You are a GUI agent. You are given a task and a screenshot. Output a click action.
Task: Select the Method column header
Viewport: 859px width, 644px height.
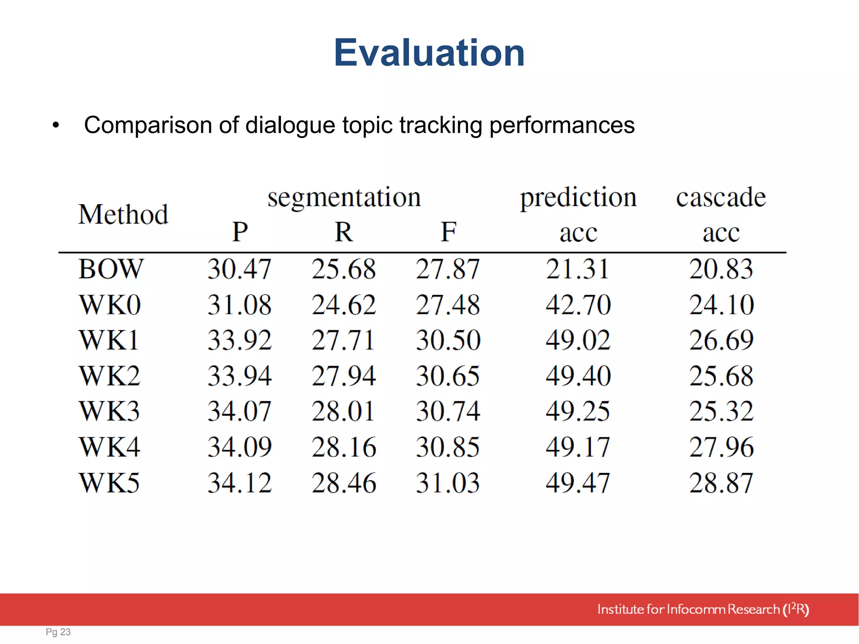click(x=123, y=214)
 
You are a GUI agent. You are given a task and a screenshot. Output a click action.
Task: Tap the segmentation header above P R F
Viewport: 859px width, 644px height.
click(x=344, y=197)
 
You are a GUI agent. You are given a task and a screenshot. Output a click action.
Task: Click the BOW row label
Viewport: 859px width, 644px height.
click(x=111, y=269)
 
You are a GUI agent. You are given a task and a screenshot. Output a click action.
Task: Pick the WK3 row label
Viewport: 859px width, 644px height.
click(x=109, y=411)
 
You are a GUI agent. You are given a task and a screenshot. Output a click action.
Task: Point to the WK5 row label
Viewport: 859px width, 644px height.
click(x=109, y=483)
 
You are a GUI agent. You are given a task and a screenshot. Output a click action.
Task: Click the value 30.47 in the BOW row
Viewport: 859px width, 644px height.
click(x=239, y=269)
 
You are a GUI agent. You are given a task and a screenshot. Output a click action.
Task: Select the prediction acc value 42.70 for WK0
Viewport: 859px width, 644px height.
click(x=578, y=304)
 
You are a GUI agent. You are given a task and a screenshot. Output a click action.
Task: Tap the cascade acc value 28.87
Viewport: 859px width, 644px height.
click(x=721, y=483)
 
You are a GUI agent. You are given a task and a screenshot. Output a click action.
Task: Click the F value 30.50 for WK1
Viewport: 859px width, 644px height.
click(x=448, y=340)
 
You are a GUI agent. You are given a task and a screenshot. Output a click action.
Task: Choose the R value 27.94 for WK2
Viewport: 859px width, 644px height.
click(x=344, y=376)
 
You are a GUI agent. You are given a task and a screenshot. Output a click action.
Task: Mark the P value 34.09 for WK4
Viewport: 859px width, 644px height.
click(x=239, y=447)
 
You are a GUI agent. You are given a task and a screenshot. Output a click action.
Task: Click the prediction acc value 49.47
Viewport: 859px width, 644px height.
click(x=578, y=483)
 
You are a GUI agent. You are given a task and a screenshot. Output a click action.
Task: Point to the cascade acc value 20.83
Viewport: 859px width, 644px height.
click(x=721, y=269)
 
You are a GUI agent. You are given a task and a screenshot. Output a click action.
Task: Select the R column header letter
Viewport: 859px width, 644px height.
click(x=344, y=232)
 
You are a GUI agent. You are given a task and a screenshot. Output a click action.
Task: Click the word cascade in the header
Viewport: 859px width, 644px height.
click(x=721, y=197)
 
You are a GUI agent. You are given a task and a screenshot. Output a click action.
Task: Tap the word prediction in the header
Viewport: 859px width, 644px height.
click(x=578, y=198)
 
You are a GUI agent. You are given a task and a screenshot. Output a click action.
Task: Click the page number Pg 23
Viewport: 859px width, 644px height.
click(x=58, y=632)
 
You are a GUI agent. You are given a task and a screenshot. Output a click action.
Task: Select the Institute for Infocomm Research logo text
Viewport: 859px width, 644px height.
click(x=703, y=609)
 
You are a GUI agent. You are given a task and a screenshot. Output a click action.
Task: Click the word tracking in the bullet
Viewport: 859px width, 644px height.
click(x=441, y=125)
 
